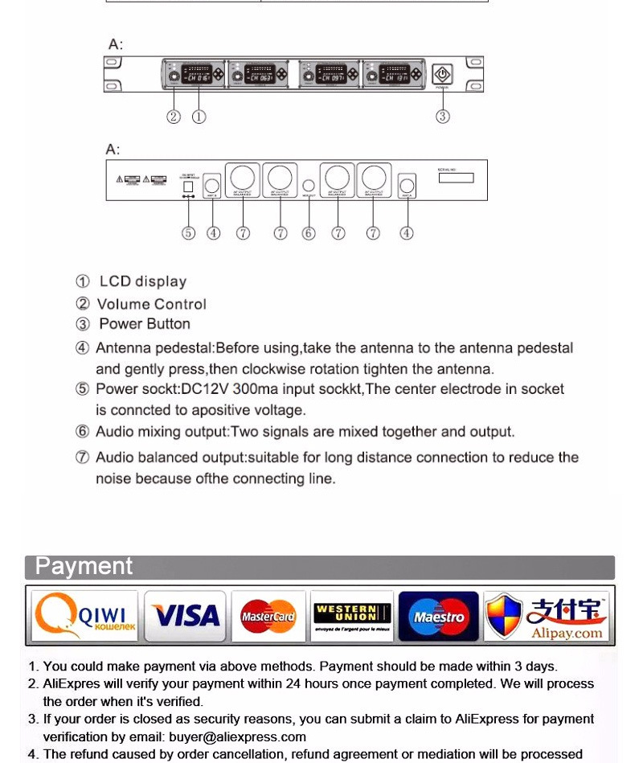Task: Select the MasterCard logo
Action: [268, 617]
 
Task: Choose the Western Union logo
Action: [351, 617]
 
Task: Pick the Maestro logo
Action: [438, 617]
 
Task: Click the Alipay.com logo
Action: [546, 617]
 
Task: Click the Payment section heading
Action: [84, 566]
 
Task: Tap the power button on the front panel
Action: [442, 75]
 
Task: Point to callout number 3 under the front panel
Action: [442, 117]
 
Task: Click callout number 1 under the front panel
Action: [199, 117]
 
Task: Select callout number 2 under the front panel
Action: [174, 117]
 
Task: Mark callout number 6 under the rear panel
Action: [309, 233]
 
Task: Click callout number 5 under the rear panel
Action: [188, 233]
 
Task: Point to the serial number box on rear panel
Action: [456, 178]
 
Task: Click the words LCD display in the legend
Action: [142, 281]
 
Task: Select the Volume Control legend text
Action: [151, 304]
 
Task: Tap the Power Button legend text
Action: [145, 324]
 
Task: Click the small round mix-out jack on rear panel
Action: [309, 183]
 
